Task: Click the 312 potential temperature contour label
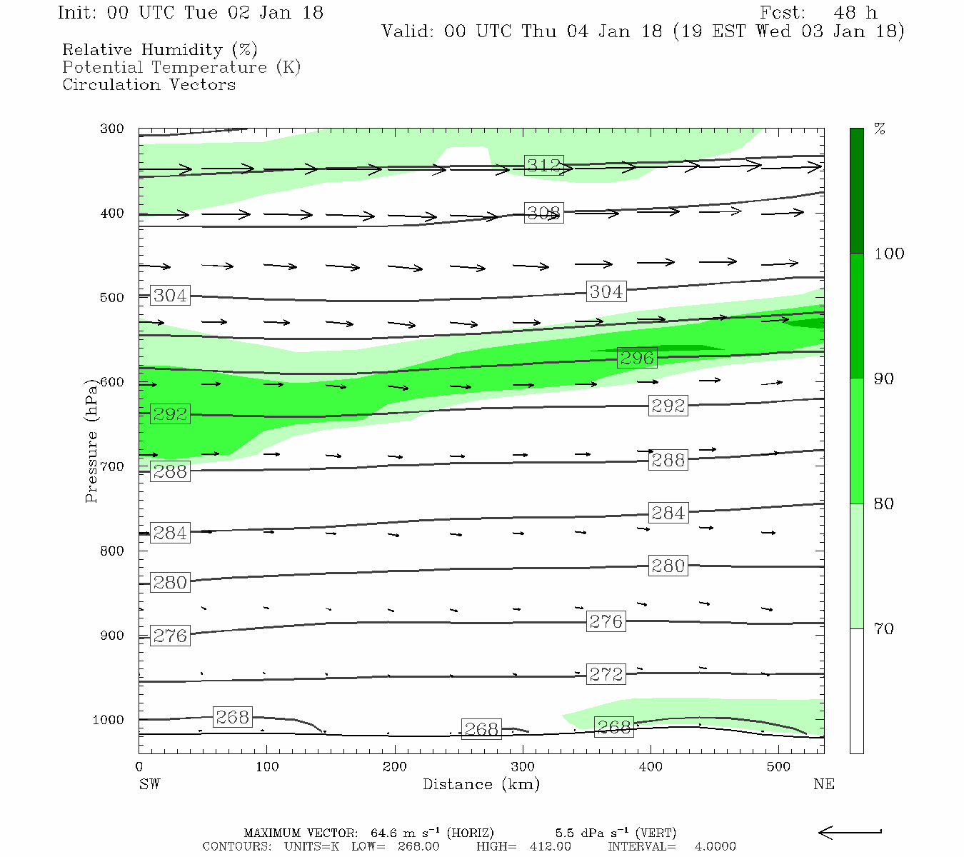pyautogui.click(x=543, y=166)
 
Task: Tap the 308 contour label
pyautogui.click(x=543, y=213)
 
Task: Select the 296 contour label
pyautogui.click(x=637, y=358)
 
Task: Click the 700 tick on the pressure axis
pyautogui.click(x=112, y=467)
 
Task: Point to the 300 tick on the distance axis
pyautogui.click(x=523, y=767)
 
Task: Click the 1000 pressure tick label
pyautogui.click(x=108, y=720)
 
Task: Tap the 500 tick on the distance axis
pyautogui.click(x=778, y=767)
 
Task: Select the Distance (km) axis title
pyautogui.click(x=481, y=785)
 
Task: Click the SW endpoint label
pyautogui.click(x=149, y=785)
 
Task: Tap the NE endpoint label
pyautogui.click(x=823, y=785)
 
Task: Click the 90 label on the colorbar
pyautogui.click(x=884, y=379)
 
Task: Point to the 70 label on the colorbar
pyautogui.click(x=884, y=629)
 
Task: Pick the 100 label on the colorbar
pyautogui.click(x=889, y=254)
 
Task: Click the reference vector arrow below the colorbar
pyautogui.click(x=850, y=832)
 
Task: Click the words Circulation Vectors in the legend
pyautogui.click(x=149, y=85)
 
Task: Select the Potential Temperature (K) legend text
pyautogui.click(x=181, y=68)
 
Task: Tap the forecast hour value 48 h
pyautogui.click(x=855, y=13)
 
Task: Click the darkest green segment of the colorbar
pyautogui.click(x=856, y=191)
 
